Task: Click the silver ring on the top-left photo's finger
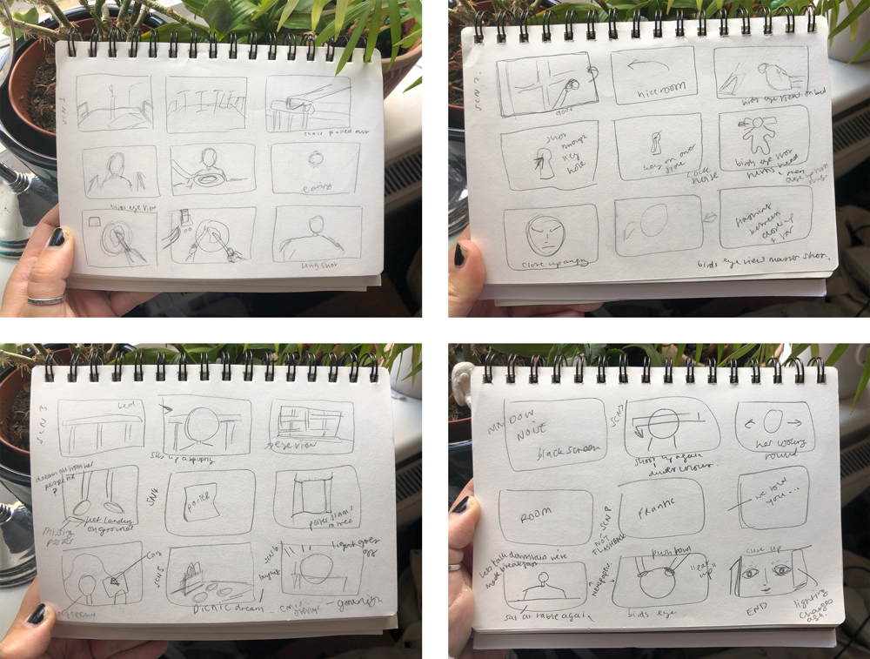tap(46, 300)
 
